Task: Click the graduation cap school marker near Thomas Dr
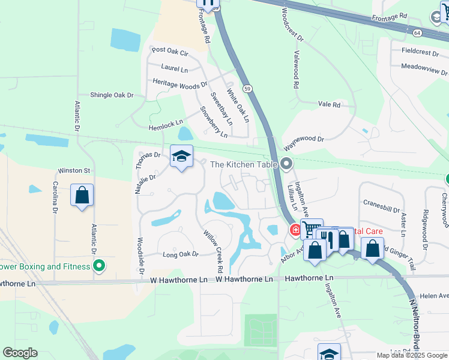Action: coord(182,157)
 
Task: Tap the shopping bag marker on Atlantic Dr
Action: coord(82,196)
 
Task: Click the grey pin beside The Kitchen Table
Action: coord(287,164)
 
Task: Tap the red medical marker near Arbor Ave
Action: coord(295,230)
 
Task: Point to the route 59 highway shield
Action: coord(247,88)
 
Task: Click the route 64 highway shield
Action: coord(417,32)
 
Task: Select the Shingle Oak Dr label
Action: coord(111,95)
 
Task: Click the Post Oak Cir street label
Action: coord(170,52)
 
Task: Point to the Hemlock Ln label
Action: coord(166,124)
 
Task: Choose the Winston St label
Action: coord(73,171)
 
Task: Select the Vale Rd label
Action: coord(329,104)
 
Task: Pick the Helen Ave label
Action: coord(434,296)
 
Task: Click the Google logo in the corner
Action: coord(20,353)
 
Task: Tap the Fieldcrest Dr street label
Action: coord(424,52)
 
